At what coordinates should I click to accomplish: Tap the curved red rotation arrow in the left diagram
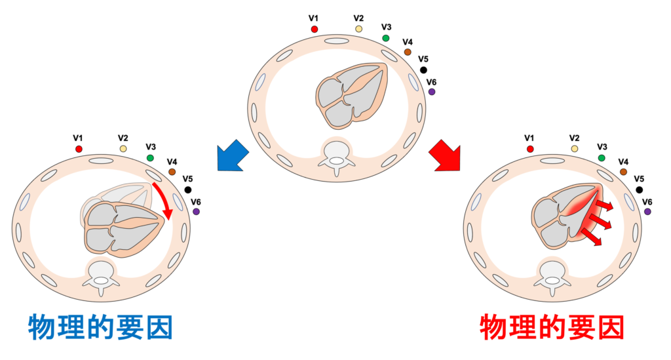164,200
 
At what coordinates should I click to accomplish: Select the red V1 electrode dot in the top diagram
314,29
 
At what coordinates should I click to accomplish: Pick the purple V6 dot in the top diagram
431,92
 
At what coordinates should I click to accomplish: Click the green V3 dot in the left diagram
150,158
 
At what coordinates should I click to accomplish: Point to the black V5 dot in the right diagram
640,190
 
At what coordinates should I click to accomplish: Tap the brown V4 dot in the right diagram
623,172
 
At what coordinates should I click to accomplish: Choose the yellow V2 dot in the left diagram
123,149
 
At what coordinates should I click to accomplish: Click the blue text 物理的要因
100,327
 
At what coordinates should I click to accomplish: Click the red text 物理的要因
552,327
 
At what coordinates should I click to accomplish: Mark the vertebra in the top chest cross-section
337,157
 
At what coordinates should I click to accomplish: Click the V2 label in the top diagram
358,18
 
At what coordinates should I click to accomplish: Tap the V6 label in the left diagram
195,202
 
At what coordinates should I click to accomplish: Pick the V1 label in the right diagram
529,138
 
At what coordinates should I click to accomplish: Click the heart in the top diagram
352,96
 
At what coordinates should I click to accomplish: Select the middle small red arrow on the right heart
602,221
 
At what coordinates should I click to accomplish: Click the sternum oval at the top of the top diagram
337,41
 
